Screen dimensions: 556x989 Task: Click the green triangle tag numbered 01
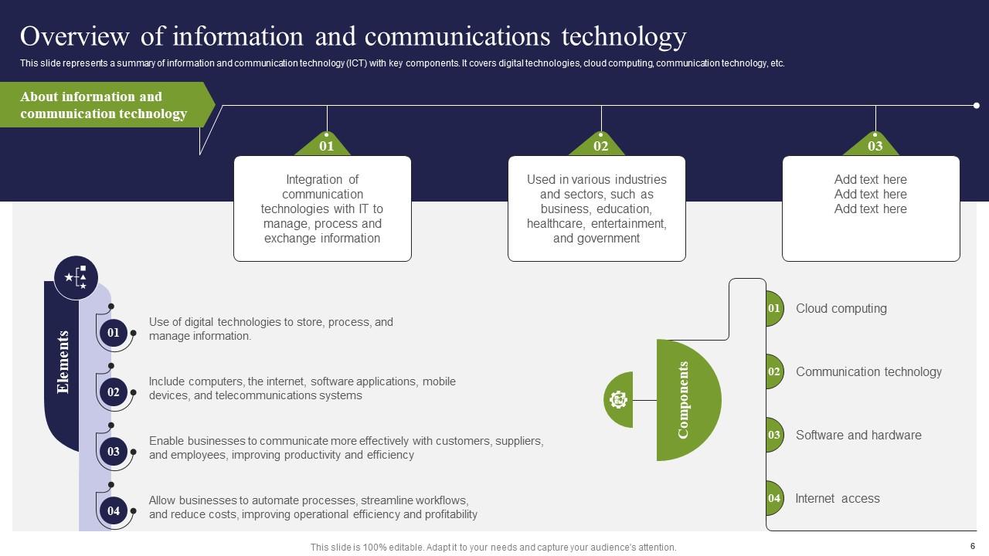326,145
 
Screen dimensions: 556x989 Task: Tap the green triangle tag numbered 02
600,145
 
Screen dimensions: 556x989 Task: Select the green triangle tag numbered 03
875,145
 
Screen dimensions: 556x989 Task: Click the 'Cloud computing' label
841,308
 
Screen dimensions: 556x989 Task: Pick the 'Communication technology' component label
868,371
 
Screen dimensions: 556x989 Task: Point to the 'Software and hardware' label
858,435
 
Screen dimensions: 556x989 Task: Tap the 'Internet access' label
838,498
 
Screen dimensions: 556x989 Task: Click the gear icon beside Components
619,399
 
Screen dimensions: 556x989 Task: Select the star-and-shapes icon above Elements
76,277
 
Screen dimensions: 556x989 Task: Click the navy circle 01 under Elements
114,333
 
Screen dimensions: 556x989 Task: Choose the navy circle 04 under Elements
114,510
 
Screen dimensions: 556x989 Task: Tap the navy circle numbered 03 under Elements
114,451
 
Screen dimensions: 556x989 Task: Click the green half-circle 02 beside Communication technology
774,371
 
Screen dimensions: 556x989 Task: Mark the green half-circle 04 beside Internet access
774,498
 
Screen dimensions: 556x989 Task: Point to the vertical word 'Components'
683,400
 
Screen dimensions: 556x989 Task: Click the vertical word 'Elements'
63,361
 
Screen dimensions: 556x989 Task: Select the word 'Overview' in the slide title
74,36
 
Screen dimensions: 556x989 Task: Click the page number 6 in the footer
972,546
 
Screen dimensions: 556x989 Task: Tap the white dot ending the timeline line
976,105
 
